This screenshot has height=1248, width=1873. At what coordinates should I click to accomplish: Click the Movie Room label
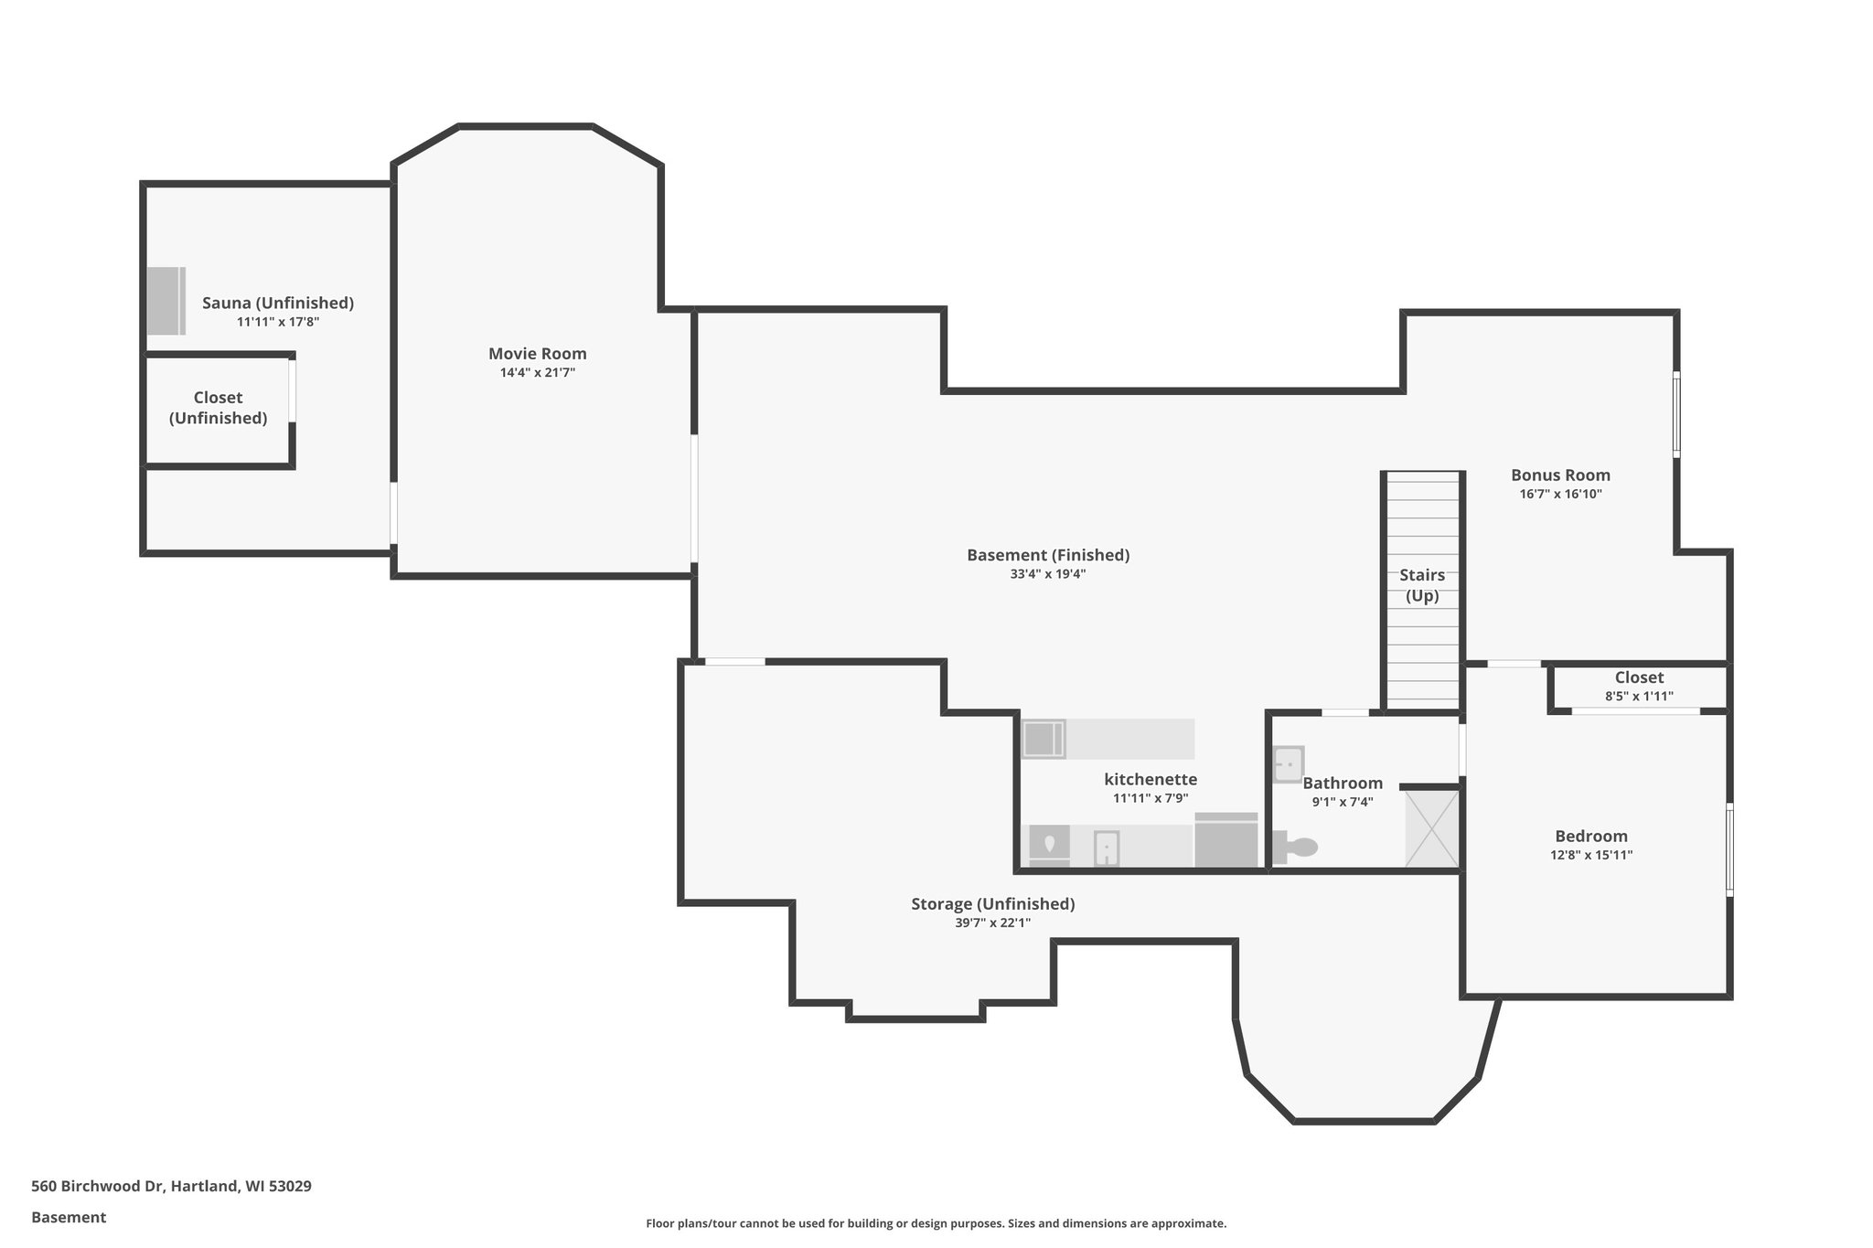(x=537, y=354)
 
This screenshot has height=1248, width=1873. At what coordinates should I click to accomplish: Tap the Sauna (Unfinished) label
(x=277, y=303)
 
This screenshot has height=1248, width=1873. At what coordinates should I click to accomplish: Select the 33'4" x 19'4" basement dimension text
(x=1047, y=574)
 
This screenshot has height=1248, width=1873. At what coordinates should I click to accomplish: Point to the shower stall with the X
(x=1431, y=828)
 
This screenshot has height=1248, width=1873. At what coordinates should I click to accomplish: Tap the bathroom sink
(x=1289, y=763)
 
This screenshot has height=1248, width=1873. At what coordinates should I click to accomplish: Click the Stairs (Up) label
(x=1422, y=585)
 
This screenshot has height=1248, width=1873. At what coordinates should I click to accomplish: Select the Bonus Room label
(x=1560, y=475)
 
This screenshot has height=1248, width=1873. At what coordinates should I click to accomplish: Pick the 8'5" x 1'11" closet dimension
(x=1639, y=696)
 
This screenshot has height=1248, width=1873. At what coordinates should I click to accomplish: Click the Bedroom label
(x=1591, y=836)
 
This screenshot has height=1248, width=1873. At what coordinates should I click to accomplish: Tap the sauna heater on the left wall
(x=166, y=301)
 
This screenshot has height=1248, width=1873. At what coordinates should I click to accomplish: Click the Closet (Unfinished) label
(x=218, y=408)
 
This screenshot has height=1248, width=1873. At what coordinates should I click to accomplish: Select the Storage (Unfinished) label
(x=992, y=904)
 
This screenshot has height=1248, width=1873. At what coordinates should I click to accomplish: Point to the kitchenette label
(x=1150, y=780)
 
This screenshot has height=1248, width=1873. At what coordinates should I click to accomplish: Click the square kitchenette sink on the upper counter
(x=1044, y=739)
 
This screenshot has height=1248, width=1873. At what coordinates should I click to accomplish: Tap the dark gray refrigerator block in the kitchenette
(x=1226, y=840)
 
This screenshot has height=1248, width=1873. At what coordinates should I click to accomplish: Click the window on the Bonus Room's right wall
(x=1676, y=413)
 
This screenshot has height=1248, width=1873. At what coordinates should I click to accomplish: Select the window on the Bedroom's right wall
(x=1729, y=849)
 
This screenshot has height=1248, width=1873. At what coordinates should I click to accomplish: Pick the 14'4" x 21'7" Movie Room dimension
(x=537, y=373)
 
